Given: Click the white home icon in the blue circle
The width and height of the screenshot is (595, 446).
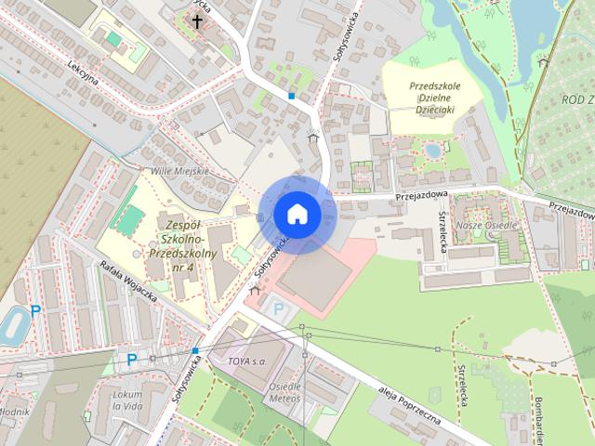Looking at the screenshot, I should (297, 214).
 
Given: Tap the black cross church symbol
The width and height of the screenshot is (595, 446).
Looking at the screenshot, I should (197, 20).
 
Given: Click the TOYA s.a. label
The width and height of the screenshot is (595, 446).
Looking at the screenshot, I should (247, 359).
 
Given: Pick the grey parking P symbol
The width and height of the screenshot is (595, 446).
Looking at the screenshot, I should (277, 307).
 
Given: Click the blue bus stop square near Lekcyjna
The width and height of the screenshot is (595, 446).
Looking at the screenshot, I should (292, 95).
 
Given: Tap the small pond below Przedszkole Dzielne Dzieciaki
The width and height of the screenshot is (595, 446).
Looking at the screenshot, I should (432, 149).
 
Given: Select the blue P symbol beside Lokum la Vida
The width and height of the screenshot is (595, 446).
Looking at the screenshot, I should (132, 359).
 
